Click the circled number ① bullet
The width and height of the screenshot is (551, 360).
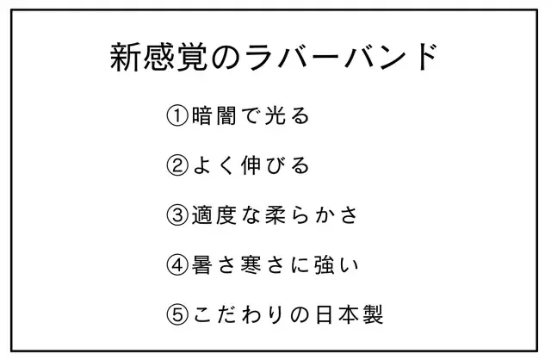pos(177,116)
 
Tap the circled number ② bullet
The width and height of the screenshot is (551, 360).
pos(177,165)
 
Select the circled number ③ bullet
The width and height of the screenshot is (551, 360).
pos(177,215)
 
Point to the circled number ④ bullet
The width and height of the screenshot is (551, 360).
pos(177,264)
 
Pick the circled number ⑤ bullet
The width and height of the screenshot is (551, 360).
pos(177,314)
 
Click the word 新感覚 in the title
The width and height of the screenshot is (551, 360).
pos(158,58)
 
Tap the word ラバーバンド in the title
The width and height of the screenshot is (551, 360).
pos(340,57)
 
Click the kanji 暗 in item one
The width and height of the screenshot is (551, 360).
pos(201,116)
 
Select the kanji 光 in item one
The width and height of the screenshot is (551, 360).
pos(275,116)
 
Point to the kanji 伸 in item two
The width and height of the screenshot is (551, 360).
pos(251,165)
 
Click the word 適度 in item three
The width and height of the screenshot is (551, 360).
pos(214,215)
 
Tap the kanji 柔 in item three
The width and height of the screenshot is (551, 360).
pos(275,215)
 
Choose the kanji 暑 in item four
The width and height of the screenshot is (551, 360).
pos(201,264)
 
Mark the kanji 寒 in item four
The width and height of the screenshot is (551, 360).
pos(251,264)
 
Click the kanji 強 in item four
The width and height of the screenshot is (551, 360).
pos(324,264)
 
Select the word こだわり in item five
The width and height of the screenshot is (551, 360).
pos(238,314)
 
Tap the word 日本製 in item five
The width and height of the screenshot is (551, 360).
pos(349,314)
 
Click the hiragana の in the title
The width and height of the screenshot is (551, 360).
pos(226,58)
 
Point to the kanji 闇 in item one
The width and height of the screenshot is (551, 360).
pos(226,116)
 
